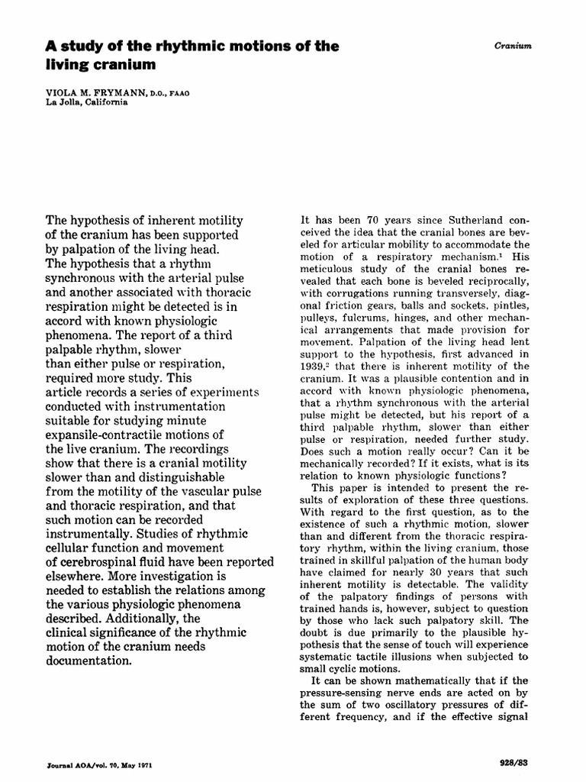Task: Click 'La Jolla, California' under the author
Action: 85,104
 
